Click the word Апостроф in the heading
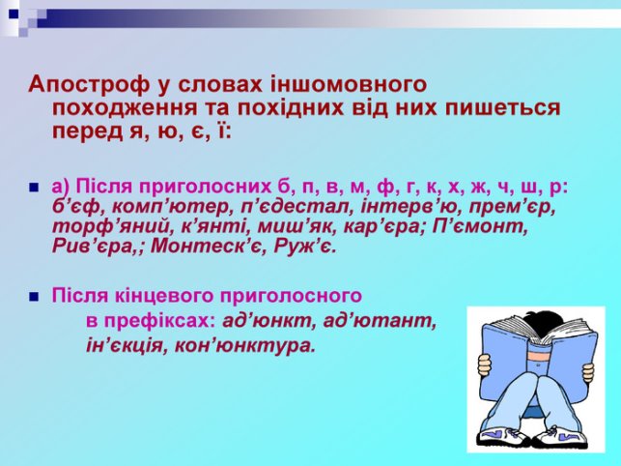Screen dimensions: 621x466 click(89, 85)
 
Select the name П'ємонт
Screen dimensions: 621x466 click(480, 226)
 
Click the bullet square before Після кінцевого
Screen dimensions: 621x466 click(35, 297)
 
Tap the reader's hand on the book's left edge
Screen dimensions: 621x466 click(484, 365)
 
